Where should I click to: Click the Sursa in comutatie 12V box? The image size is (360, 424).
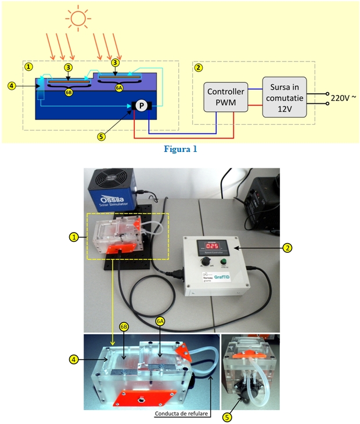(285, 97)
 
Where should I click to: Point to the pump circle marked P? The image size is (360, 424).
(141, 105)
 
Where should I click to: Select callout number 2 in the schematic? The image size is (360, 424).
(199, 67)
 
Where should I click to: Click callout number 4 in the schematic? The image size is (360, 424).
(12, 86)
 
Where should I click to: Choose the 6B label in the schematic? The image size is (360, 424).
(69, 92)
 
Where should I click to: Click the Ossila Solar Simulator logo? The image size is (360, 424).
(114, 194)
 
